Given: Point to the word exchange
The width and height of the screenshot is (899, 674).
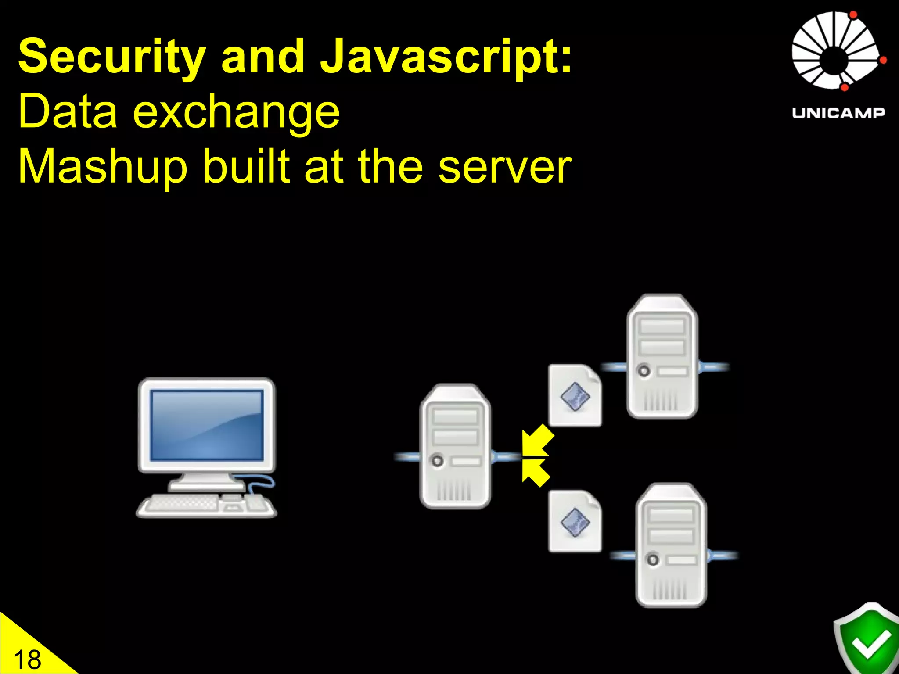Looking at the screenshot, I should pyautogui.click(x=236, y=112).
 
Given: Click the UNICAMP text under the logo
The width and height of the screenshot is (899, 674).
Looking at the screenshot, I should pyautogui.click(x=838, y=113).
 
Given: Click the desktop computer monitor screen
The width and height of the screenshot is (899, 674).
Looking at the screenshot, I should pyautogui.click(x=206, y=425).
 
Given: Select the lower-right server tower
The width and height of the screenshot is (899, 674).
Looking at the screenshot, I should pyautogui.click(x=671, y=545).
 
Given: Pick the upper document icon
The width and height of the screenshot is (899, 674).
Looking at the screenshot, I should pyautogui.click(x=575, y=395).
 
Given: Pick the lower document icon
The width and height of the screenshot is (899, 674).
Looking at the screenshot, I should pyautogui.click(x=575, y=521).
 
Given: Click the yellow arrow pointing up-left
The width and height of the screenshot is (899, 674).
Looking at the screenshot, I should pyautogui.click(x=536, y=473).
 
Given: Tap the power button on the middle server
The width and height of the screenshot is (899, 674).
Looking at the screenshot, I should pyautogui.click(x=437, y=461).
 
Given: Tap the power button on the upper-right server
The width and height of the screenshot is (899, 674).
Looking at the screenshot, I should pyautogui.click(x=644, y=371).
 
